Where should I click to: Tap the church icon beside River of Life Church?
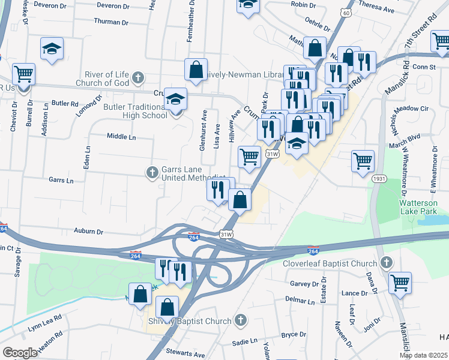[139, 77]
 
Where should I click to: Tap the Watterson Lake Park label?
[423, 208]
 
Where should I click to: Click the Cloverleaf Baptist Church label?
[330, 263]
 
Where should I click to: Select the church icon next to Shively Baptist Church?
[241, 320]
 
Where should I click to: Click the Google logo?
[20, 353]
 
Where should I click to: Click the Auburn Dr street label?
[89, 231]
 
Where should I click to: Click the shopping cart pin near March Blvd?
[363, 161]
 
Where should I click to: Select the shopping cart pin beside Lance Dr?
[400, 282]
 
